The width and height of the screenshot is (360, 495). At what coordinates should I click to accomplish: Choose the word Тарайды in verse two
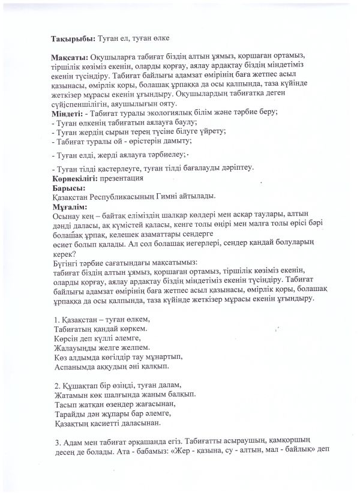click(x=68, y=413)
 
